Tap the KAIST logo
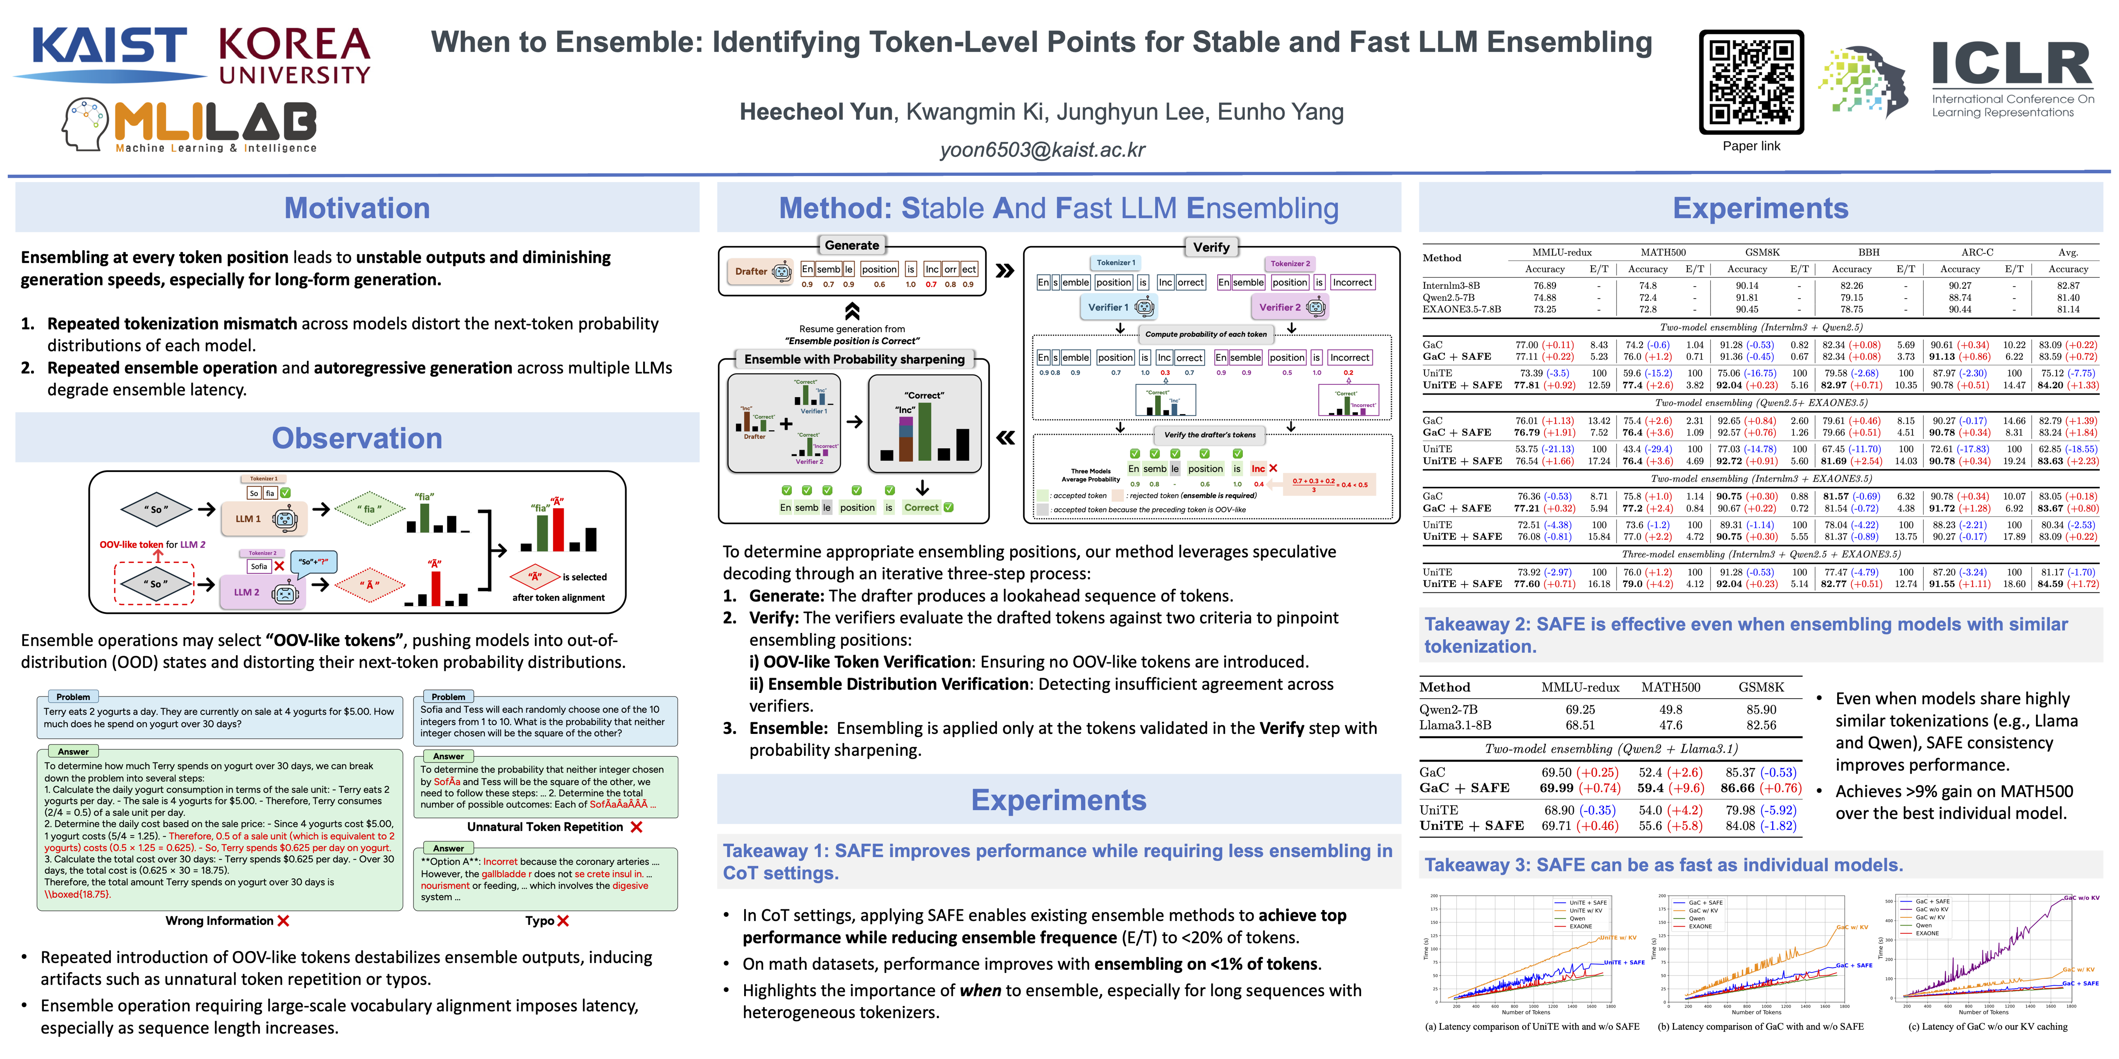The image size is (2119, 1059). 109,51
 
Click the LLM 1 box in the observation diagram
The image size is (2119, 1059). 263,519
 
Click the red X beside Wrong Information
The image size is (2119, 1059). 284,921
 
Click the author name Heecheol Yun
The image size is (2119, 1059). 815,112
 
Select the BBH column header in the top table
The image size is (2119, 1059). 1868,252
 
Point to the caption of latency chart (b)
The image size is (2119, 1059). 1760,1026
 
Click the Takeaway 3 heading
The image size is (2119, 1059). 1663,865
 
